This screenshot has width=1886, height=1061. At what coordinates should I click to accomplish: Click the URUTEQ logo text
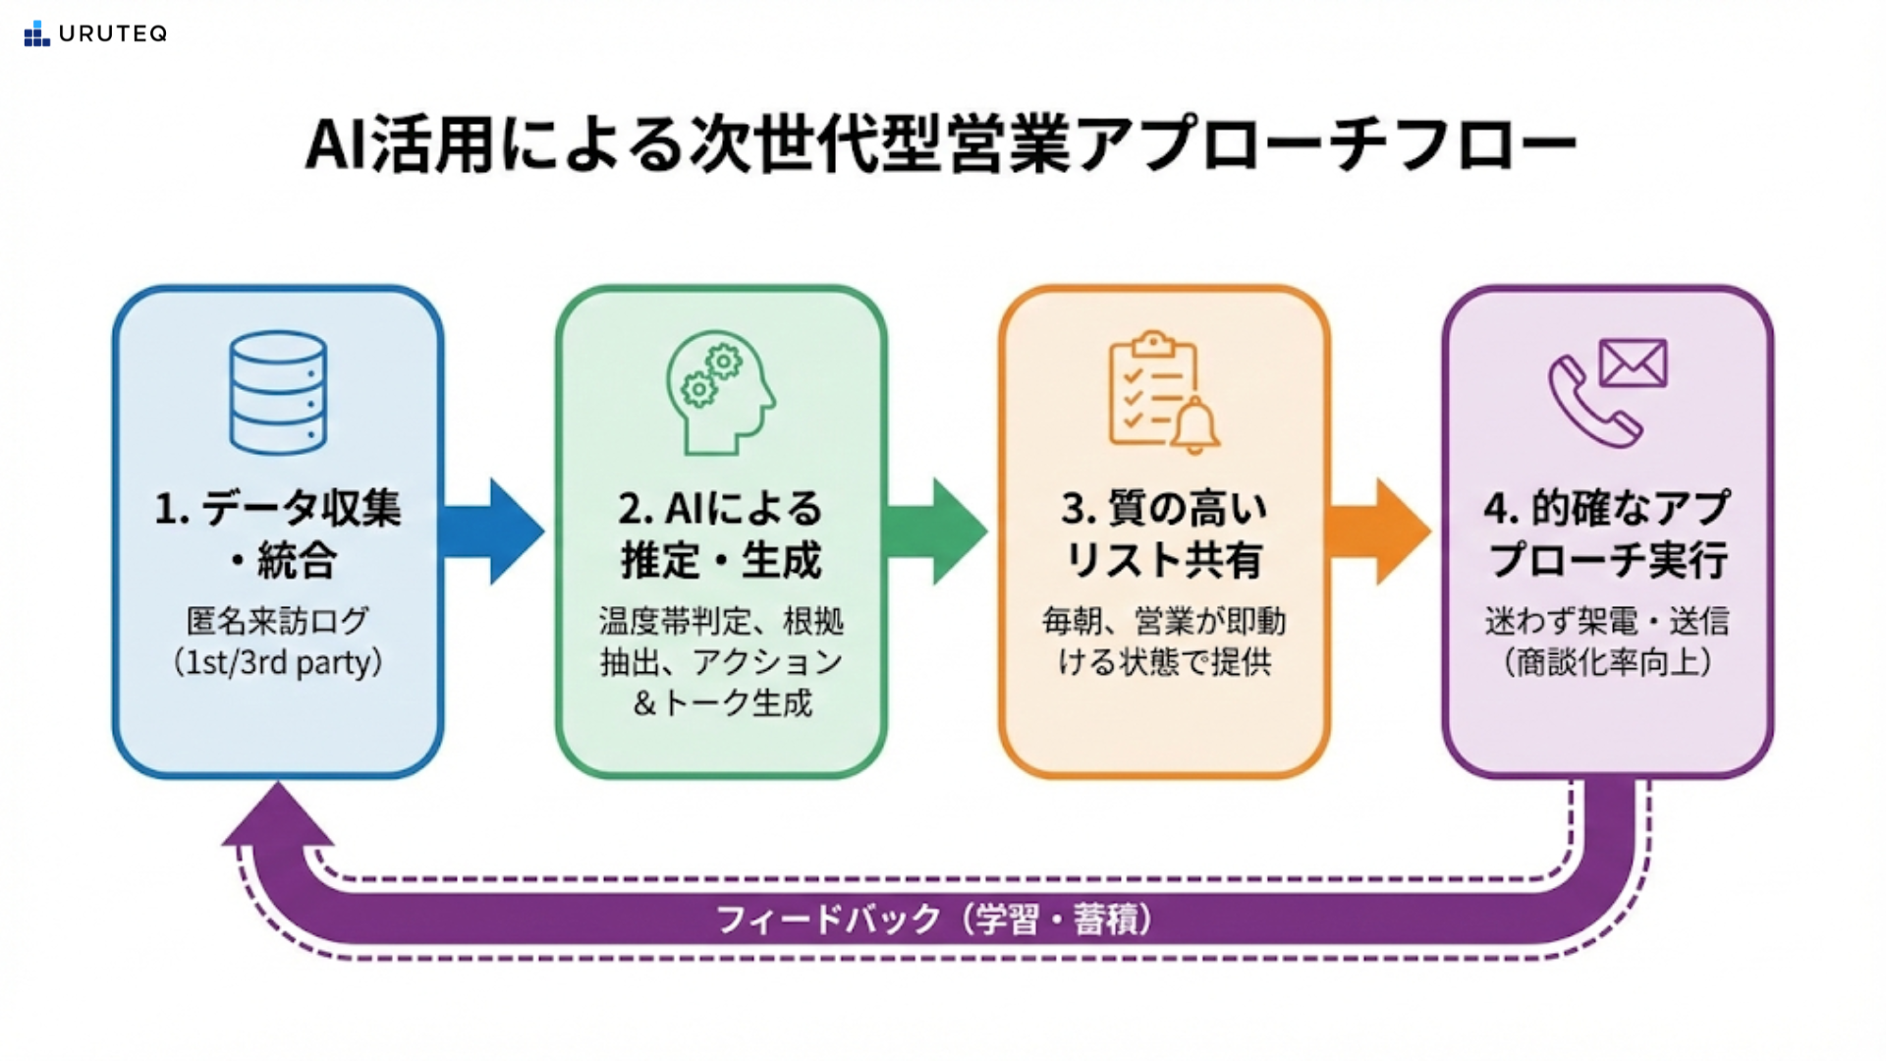click(112, 33)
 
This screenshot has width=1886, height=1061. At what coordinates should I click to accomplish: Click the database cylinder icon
click(278, 393)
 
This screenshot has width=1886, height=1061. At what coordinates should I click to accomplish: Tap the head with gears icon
click(720, 393)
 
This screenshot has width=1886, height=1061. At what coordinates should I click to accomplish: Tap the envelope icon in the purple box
click(1633, 363)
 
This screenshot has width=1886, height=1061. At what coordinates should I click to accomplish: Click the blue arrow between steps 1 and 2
click(492, 531)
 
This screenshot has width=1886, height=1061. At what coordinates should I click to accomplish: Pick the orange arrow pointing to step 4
click(1378, 531)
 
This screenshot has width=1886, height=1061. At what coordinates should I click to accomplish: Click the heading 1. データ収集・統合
click(278, 534)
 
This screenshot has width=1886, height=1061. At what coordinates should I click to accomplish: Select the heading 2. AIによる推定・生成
click(720, 534)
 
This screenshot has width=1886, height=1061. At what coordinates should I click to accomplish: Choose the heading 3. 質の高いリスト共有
click(1164, 534)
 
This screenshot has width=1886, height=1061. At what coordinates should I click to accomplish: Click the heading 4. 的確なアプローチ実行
click(1607, 534)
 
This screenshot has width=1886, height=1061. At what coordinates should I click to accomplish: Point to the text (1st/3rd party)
click(278, 663)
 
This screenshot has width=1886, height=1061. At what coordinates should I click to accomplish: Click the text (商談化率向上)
click(1607, 663)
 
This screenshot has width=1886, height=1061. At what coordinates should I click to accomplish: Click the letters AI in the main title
click(337, 144)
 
